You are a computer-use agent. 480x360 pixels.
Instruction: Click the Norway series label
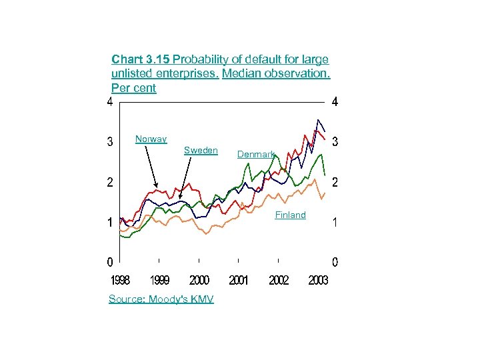coord(151,139)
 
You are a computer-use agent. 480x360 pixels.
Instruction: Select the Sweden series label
coord(200,151)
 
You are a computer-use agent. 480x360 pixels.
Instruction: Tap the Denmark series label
coord(256,155)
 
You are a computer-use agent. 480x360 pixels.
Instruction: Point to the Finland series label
coord(290,215)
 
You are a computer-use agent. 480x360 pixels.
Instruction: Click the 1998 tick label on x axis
coord(120,280)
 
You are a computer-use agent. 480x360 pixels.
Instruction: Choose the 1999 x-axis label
coord(159,280)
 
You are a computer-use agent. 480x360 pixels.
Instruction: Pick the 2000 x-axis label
coord(199,280)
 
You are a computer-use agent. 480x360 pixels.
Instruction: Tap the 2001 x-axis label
coord(239,280)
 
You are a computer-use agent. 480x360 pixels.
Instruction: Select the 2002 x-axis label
coord(279,280)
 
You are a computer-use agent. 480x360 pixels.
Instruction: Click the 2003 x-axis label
coord(318,280)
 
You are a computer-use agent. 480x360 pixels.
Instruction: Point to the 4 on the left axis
coord(109,102)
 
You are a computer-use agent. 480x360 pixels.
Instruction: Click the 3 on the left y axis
coord(109,142)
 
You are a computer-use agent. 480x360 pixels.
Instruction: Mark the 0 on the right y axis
coord(335,261)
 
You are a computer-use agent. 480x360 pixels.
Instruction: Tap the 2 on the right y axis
coord(335,182)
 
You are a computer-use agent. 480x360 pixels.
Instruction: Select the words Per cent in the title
coord(134,88)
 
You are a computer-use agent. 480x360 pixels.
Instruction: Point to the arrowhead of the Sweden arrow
coord(180,198)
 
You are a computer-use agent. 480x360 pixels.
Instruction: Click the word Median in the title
coord(242,73)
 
